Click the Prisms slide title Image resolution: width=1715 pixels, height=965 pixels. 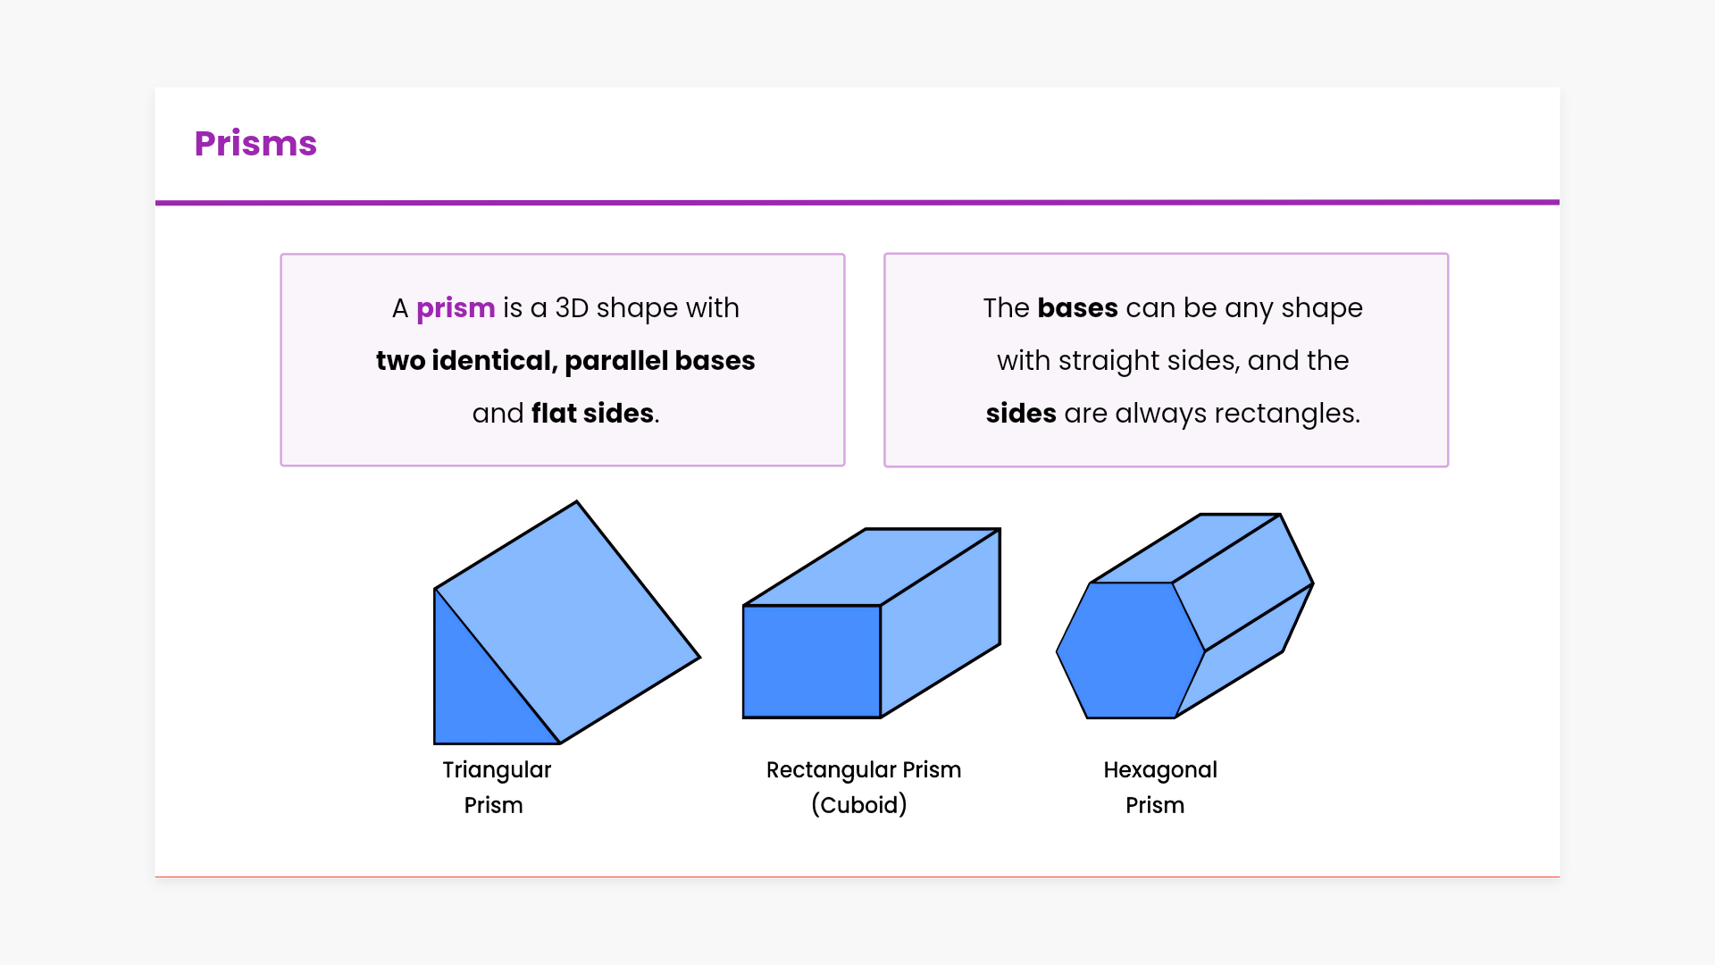click(255, 144)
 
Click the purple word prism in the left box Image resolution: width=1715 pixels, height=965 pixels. click(456, 308)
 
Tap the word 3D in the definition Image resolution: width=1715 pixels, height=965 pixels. click(572, 308)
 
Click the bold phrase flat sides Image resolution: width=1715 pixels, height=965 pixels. click(592, 413)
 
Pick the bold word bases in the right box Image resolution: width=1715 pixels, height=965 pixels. click(1077, 307)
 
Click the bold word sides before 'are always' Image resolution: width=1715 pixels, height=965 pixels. click(1021, 413)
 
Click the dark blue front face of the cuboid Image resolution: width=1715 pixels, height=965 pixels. click(812, 661)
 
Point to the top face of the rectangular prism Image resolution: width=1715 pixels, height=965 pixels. click(872, 566)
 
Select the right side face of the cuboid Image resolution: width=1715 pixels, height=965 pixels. click(941, 623)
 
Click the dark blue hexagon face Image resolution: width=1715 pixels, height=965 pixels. click(1131, 650)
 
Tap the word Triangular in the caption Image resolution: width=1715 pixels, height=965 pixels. click(497, 770)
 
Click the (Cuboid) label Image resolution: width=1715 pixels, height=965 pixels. click(859, 805)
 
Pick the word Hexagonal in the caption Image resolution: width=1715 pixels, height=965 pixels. click(1160, 770)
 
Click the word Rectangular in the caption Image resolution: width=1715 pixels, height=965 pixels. click(831, 770)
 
